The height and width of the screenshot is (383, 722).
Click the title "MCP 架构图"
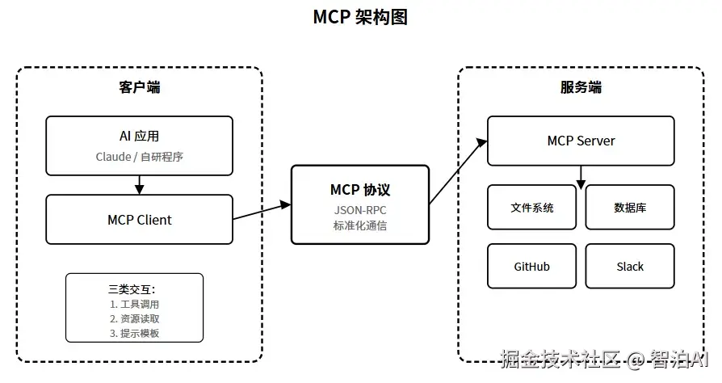coord(360,18)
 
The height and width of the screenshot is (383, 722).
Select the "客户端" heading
coord(139,87)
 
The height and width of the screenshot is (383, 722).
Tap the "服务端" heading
coord(581,87)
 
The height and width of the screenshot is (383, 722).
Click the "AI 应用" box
coord(139,145)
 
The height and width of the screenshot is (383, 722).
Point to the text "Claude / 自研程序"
coord(139,157)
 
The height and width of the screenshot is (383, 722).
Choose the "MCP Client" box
coord(139,220)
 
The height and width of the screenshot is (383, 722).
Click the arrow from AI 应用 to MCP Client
coord(139,185)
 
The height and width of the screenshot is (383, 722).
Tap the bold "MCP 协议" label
coord(360,190)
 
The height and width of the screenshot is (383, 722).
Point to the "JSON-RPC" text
coord(360,209)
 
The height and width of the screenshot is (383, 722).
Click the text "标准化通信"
coord(360,225)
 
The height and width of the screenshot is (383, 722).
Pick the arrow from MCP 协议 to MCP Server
coord(458,171)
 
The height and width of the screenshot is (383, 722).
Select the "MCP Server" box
coord(581,141)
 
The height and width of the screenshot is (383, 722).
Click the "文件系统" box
coord(532,208)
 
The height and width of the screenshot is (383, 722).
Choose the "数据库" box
coord(630,208)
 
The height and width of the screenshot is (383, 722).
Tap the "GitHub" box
coord(532,266)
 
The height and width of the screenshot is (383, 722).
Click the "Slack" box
coord(630,266)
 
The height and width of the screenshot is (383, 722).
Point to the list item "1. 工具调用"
coord(135,305)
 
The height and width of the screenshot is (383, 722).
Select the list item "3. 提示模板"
coord(135,334)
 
